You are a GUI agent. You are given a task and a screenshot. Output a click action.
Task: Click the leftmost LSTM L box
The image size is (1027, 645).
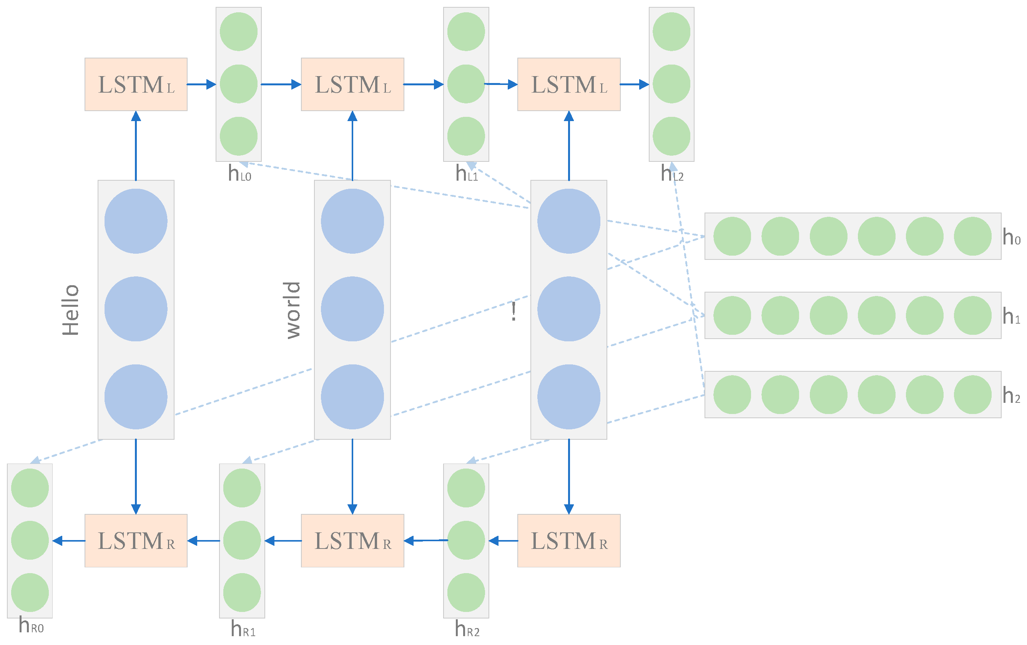(136, 85)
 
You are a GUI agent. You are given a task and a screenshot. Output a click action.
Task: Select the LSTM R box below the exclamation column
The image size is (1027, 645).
(568, 540)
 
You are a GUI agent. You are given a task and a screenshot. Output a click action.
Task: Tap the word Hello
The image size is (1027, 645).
(71, 310)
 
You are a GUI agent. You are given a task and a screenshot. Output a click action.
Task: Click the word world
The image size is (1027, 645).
(293, 310)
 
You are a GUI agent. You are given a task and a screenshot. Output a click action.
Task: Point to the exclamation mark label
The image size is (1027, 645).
(513, 312)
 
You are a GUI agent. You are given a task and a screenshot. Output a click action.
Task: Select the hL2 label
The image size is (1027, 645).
(672, 174)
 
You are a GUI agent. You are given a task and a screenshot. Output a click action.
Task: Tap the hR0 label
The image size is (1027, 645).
(31, 626)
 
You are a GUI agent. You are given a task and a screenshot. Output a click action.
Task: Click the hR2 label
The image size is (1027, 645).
(467, 629)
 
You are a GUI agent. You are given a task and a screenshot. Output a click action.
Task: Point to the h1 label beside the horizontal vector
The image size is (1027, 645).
(1011, 316)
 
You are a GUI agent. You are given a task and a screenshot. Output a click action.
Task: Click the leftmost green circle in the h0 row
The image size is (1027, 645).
(732, 236)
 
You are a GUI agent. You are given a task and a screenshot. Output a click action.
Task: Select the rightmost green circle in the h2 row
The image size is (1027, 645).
(972, 395)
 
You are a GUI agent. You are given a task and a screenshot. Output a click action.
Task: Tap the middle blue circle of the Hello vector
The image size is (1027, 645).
(136, 309)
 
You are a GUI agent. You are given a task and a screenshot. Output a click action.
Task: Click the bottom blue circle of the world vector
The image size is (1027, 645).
(352, 397)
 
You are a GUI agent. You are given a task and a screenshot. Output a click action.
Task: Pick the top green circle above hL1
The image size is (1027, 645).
(466, 32)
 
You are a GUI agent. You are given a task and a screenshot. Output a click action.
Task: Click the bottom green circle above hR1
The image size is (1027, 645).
(242, 592)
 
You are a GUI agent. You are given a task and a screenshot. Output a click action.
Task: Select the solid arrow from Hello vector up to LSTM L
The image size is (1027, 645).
(136, 145)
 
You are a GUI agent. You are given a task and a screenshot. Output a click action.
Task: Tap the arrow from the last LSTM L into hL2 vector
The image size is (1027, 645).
(634, 85)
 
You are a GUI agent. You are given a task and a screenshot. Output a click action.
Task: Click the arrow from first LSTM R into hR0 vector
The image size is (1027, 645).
(69, 541)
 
